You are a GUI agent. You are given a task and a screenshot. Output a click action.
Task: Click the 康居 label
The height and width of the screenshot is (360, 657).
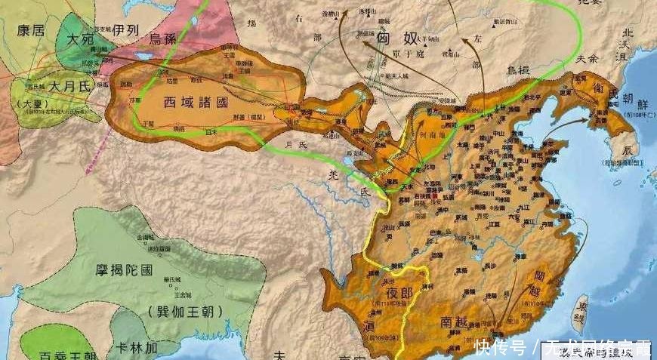[31, 29]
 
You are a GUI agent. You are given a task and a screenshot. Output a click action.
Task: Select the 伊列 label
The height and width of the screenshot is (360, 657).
[127, 31]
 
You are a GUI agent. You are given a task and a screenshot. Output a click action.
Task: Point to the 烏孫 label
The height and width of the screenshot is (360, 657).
[167, 39]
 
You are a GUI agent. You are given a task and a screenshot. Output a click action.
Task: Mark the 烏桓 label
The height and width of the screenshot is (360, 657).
[519, 70]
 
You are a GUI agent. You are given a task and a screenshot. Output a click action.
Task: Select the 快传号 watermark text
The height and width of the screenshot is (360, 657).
[501, 348]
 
